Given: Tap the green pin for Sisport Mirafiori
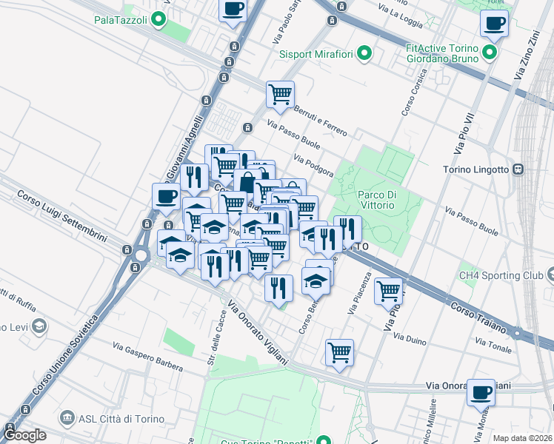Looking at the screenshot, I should point(364,53).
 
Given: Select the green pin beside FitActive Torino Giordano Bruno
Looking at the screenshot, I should point(489,53).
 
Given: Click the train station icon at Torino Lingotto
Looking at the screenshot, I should point(518,169).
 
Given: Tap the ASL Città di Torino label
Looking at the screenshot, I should point(110,419).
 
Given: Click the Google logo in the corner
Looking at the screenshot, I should point(24,435).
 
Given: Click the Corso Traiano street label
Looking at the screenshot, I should point(477,315).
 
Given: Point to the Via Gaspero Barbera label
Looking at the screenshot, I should point(147,353).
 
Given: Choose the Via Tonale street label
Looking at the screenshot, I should point(493,346).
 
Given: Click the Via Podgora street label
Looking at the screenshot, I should point(313,166).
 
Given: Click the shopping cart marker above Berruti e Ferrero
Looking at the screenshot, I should point(280,93).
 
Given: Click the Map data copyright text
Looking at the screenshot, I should point(522,438).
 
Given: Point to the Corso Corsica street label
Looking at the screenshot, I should point(415,92).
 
